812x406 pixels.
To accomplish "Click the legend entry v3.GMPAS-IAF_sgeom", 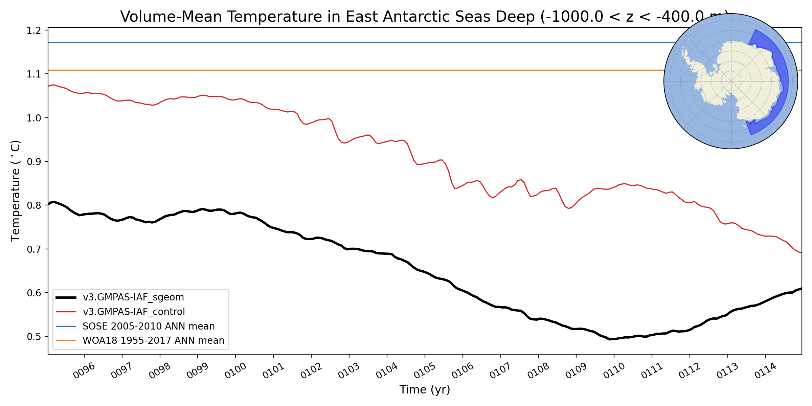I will click(133, 297).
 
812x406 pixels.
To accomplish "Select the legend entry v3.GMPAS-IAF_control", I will click(134, 312).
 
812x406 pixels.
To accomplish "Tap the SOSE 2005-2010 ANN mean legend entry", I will click(149, 326).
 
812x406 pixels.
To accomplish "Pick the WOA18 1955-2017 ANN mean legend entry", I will click(153, 340).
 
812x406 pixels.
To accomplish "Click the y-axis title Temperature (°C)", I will click(16, 191).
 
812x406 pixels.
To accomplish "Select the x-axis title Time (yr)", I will click(425, 390).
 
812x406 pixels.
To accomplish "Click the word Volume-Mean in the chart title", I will click(171, 17).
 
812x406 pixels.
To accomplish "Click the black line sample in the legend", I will click(66, 297).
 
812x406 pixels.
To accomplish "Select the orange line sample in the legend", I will click(66, 340).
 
